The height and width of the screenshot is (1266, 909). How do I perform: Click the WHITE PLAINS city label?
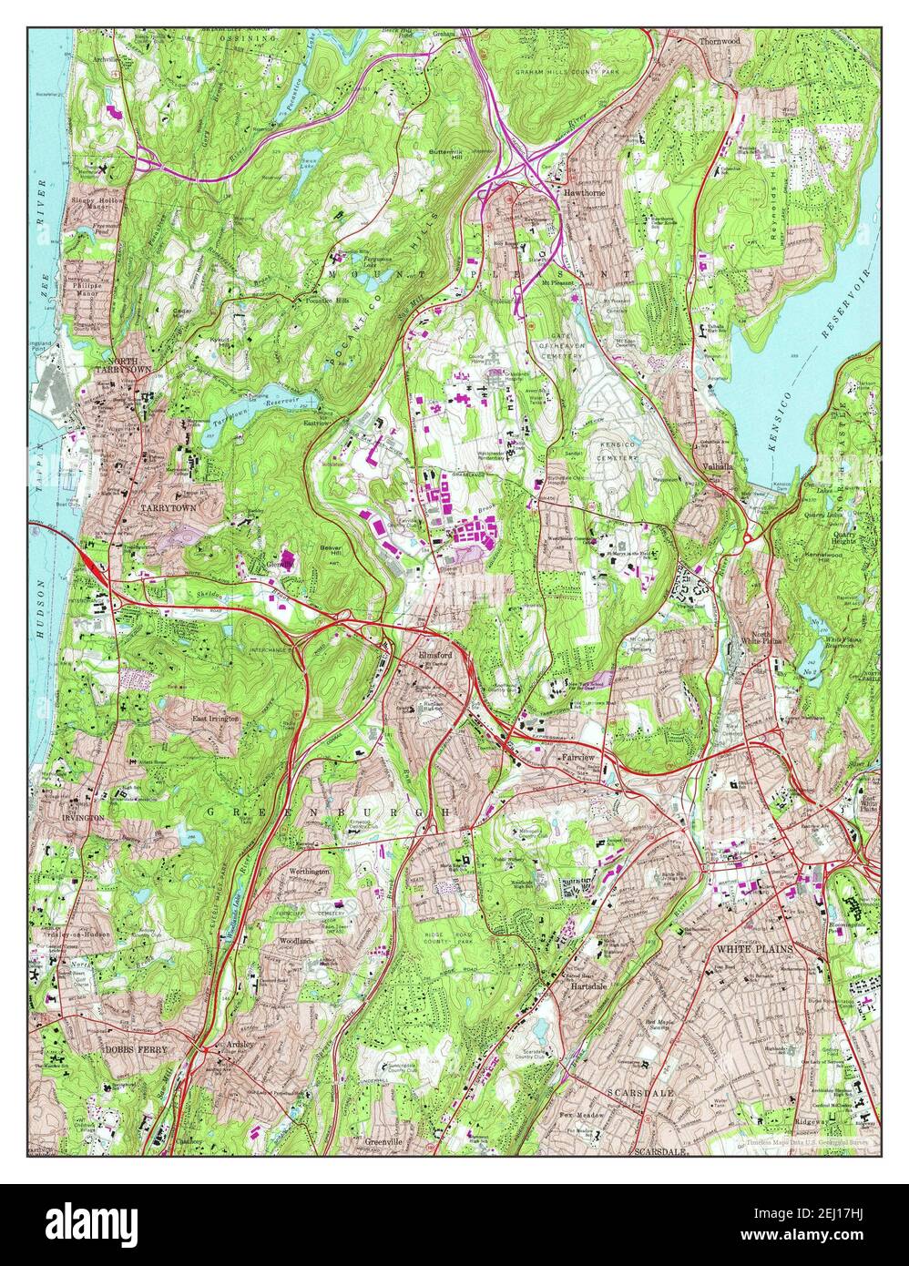click(x=755, y=949)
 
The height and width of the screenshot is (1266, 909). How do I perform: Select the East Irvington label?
click(x=215, y=719)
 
